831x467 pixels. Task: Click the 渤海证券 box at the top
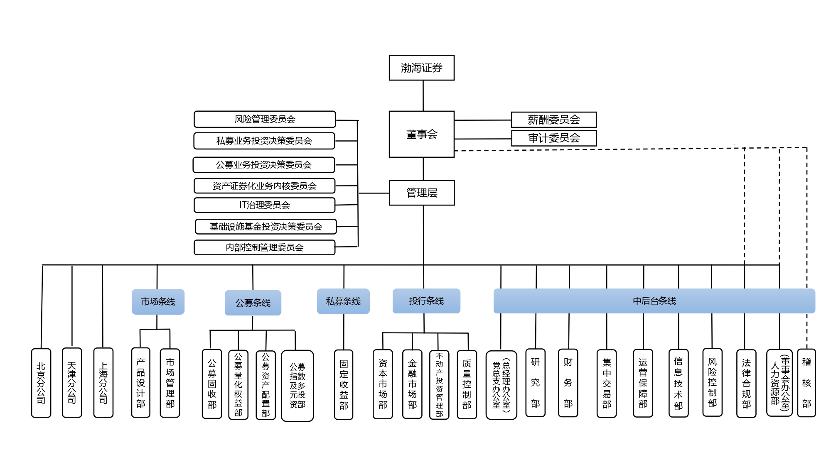click(x=421, y=68)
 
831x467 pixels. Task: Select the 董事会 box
click(x=421, y=134)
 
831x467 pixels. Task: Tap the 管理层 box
click(x=421, y=193)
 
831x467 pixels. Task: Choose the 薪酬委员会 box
click(x=553, y=120)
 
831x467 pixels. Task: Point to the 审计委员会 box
click(x=553, y=138)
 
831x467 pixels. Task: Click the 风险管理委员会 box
click(x=265, y=119)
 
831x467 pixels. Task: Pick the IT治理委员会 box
click(x=264, y=205)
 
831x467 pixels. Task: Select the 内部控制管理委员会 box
click(x=264, y=247)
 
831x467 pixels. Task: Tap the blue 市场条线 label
click(x=158, y=301)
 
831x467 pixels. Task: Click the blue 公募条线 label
click(x=253, y=303)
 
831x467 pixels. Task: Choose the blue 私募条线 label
click(x=343, y=301)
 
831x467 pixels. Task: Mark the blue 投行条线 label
click(x=426, y=301)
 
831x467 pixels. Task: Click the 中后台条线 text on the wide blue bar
click(x=654, y=301)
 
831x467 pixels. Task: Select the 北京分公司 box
click(x=41, y=383)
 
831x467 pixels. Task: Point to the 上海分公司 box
click(x=103, y=382)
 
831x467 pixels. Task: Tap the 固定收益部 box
click(x=344, y=384)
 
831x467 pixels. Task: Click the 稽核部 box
click(x=806, y=382)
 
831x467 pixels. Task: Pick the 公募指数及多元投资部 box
click(x=297, y=386)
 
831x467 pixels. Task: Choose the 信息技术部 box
click(x=678, y=383)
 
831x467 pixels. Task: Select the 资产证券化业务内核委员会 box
click(x=264, y=186)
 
